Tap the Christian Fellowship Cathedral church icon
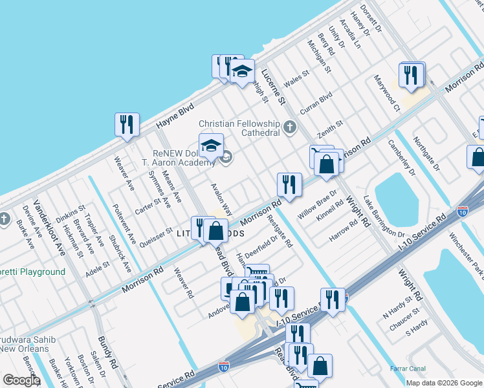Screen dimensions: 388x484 click(x=290, y=127)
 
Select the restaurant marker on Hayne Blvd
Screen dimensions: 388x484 click(x=127, y=124)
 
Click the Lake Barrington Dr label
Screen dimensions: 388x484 click(x=383, y=217)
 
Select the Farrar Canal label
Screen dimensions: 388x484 click(x=408, y=369)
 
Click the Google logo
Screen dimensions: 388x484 click(x=21, y=380)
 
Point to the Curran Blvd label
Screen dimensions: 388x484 click(x=316, y=103)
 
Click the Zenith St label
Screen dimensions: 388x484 click(x=329, y=128)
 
